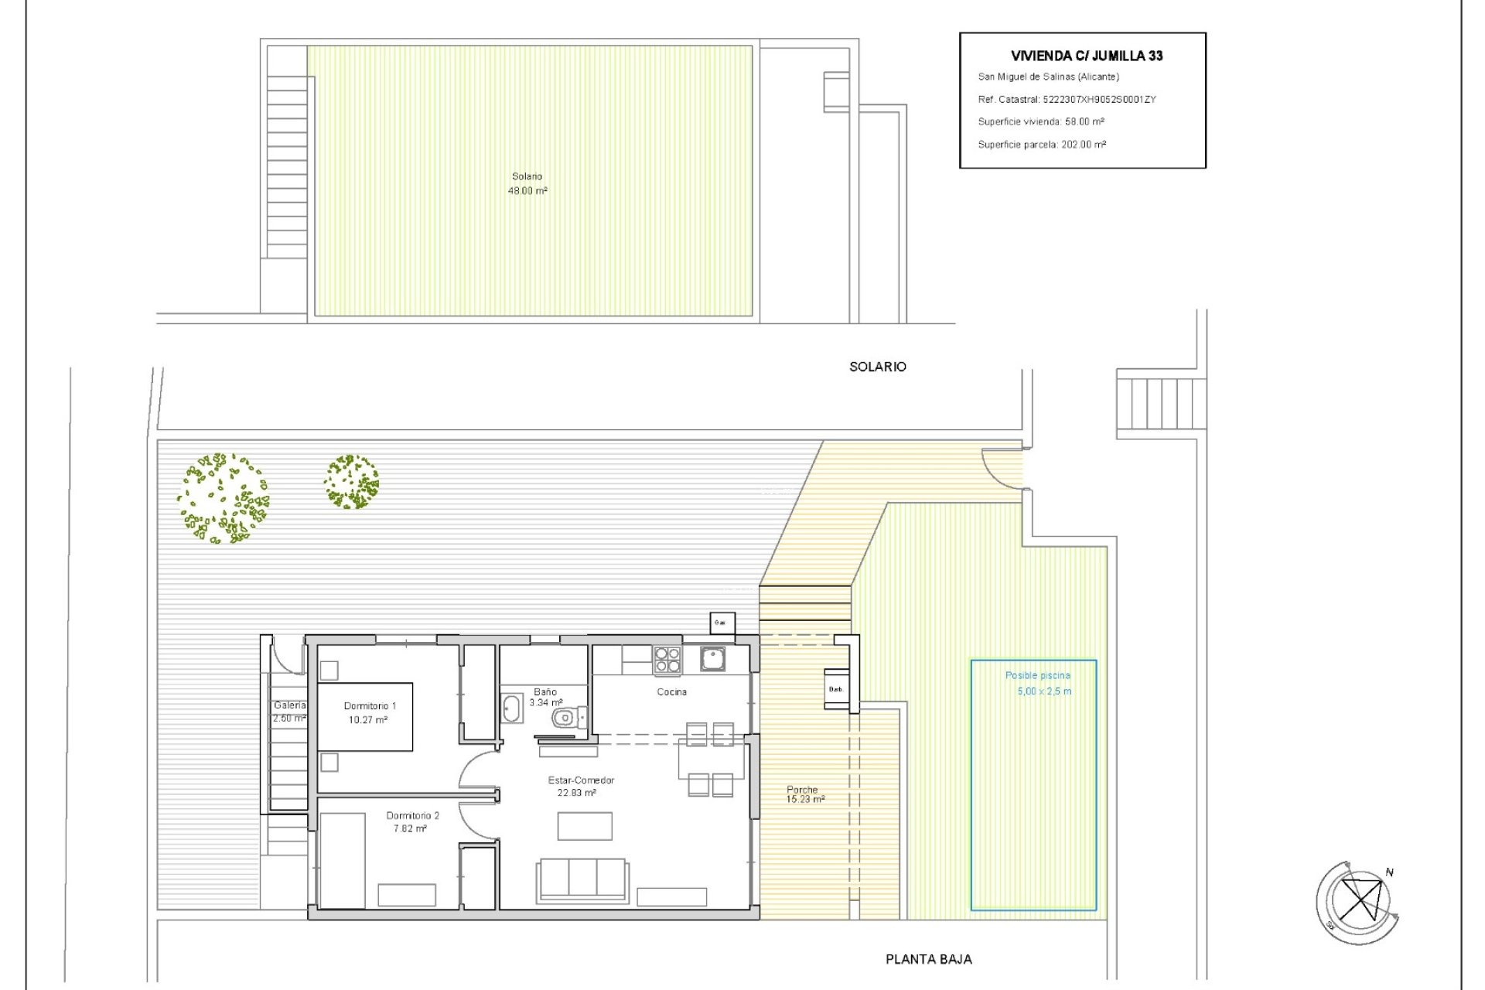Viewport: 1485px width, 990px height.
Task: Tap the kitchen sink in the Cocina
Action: click(x=712, y=659)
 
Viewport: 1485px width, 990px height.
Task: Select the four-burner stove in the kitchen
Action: click(x=667, y=661)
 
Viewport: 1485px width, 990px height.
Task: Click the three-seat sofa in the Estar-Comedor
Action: click(x=582, y=879)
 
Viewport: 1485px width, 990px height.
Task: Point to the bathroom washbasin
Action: click(x=512, y=708)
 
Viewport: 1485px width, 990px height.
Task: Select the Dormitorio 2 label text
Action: click(x=412, y=816)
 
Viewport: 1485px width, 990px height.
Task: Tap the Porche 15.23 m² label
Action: click(x=805, y=794)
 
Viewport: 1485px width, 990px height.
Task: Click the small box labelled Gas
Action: click(x=722, y=623)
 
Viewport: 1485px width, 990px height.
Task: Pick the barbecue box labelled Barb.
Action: click(x=836, y=688)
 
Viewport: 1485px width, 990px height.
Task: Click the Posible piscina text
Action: click(x=1037, y=675)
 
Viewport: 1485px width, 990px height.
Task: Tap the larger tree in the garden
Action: click(x=223, y=498)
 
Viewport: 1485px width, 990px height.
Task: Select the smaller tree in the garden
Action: click(x=351, y=482)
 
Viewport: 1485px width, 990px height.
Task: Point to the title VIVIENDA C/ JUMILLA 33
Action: click(x=1086, y=56)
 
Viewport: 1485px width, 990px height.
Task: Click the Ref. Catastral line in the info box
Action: click(x=1066, y=99)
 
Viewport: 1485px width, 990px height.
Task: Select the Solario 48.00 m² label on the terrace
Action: click(x=527, y=183)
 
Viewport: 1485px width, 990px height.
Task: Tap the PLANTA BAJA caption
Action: click(x=928, y=959)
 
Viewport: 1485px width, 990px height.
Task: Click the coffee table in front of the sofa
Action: click(x=585, y=825)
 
